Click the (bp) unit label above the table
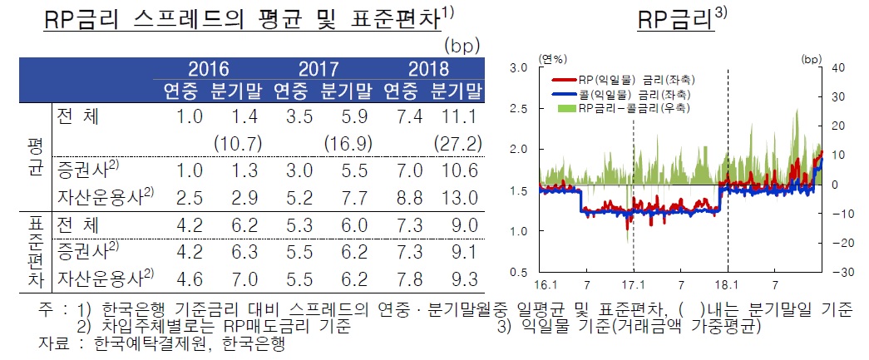[462, 45]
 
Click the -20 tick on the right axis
[835, 243]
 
